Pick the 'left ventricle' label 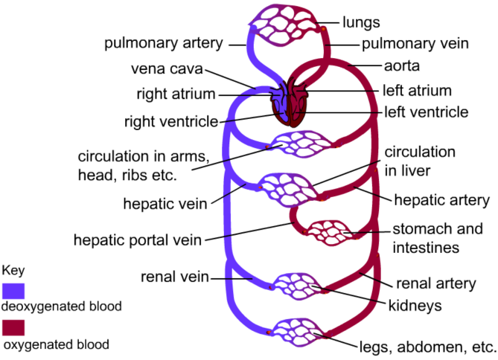click(x=426, y=113)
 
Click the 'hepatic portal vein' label click(x=138, y=240)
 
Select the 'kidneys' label click(x=414, y=306)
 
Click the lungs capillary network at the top click(x=287, y=24)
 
